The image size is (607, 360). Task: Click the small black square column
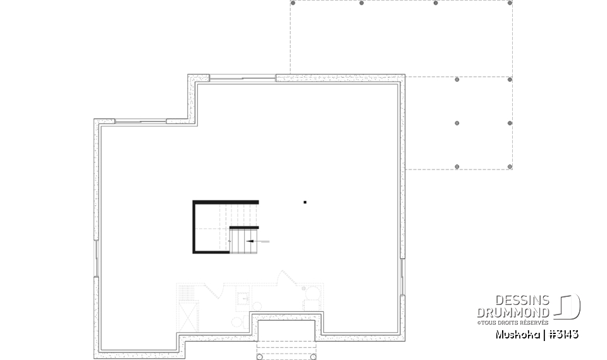(x=305, y=202)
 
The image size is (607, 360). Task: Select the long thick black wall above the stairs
(x=226, y=202)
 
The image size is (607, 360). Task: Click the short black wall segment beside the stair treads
(x=244, y=228)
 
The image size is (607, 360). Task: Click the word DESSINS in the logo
(x=522, y=300)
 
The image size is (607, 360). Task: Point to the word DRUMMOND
(x=513, y=313)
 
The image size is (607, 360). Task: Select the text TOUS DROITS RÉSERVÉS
(x=515, y=323)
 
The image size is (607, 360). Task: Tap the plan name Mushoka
(x=517, y=335)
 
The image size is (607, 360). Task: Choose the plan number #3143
(x=564, y=335)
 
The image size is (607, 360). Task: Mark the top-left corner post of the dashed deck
(x=293, y=3)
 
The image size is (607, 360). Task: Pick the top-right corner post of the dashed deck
(x=510, y=3)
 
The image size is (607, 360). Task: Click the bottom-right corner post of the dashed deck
(x=510, y=166)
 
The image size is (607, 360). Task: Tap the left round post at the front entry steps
(x=260, y=357)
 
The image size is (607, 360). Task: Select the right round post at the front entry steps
(x=313, y=357)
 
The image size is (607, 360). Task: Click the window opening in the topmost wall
(x=243, y=78)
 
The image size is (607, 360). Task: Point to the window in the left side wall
(x=96, y=259)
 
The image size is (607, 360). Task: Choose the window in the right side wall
(x=403, y=276)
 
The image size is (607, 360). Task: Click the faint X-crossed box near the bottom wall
(x=188, y=316)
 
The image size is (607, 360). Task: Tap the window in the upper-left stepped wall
(x=140, y=121)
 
